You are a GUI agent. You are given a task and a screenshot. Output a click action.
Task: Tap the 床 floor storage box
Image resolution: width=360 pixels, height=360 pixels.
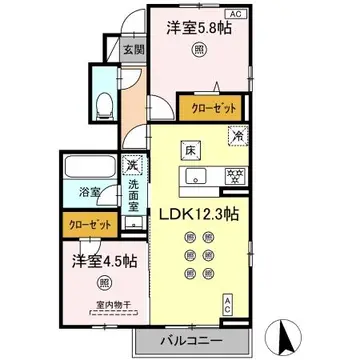pos(189,151)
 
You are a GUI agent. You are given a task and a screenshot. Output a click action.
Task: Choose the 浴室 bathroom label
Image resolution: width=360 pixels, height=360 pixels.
pos(89,191)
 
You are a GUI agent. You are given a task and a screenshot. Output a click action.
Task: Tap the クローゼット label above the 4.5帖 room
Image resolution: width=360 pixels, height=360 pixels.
pos(87,226)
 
